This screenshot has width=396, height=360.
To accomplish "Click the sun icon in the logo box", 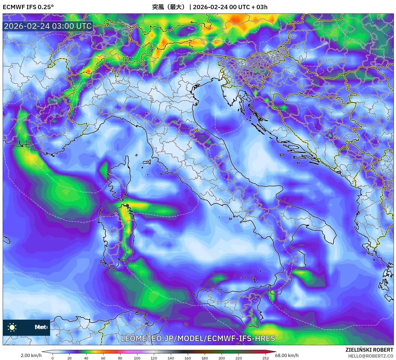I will pyautogui.click(x=12, y=327).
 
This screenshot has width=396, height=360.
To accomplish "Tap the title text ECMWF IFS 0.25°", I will pyautogui.click(x=28, y=7).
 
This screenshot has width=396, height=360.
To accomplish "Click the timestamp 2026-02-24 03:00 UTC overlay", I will pyautogui.click(x=48, y=26).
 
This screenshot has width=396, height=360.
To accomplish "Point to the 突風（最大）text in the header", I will pyautogui.click(x=169, y=7).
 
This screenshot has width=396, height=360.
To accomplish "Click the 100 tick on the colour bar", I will pyautogui.click(x=137, y=358).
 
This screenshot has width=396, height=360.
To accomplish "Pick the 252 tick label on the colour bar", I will pyautogui.click(x=265, y=358).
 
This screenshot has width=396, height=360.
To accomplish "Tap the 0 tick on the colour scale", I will pyautogui.click(x=53, y=358).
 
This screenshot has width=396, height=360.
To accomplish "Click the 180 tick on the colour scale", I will pyautogui.click(x=205, y=358).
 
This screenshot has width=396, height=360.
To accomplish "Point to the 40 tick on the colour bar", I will pyautogui.click(x=86, y=358).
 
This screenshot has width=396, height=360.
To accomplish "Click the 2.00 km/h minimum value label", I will pyautogui.click(x=31, y=355).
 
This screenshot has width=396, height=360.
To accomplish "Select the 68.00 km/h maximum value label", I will pyautogui.click(x=287, y=355).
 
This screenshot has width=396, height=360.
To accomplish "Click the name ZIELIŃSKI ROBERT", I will pyautogui.click(x=369, y=350).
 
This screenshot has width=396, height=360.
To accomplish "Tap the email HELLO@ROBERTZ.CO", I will pyautogui.click(x=371, y=356).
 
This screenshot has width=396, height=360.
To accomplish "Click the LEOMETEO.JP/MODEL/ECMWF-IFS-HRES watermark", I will pyautogui.click(x=198, y=338).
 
